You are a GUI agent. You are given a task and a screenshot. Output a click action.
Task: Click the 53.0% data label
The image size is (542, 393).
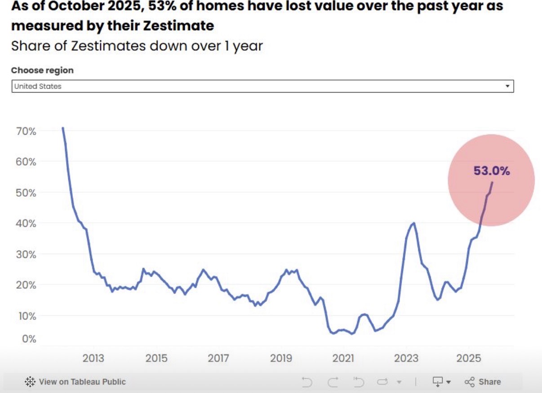(x=491, y=171)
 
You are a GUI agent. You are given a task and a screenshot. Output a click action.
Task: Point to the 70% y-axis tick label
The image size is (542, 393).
(x=26, y=131)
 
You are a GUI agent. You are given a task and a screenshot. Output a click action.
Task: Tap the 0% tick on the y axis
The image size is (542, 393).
(x=29, y=339)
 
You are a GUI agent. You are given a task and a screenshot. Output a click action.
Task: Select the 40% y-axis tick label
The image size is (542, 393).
(x=26, y=223)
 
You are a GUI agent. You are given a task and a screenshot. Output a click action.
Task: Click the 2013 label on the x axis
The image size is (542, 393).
(x=93, y=358)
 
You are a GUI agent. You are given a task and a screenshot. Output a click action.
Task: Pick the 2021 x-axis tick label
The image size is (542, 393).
(x=343, y=358)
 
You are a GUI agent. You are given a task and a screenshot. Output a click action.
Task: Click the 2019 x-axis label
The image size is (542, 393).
(x=281, y=358)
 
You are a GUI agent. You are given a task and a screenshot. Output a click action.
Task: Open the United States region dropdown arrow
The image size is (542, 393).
(x=507, y=86)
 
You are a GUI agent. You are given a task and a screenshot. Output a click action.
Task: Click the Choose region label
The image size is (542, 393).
(x=42, y=71)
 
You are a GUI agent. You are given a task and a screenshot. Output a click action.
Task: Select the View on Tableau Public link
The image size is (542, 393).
(x=82, y=382)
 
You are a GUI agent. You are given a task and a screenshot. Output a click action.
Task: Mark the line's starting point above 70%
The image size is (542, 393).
(x=63, y=128)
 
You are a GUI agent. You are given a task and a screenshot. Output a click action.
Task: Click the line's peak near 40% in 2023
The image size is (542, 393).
(x=413, y=223)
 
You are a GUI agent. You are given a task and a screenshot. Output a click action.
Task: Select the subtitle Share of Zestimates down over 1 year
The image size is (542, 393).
(x=137, y=46)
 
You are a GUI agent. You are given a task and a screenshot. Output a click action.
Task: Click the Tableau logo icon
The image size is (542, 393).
(x=30, y=382)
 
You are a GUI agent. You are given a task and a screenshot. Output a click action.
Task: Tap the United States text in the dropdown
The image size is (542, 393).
(x=38, y=86)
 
